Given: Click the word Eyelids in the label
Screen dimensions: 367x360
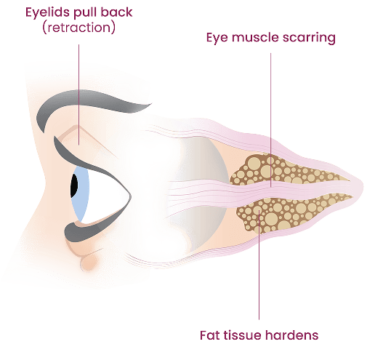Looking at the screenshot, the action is click(x=46, y=12).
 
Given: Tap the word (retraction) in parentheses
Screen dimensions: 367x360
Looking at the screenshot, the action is click(x=78, y=28).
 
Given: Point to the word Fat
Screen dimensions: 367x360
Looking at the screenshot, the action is click(x=210, y=335).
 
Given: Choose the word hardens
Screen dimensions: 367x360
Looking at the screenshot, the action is click(x=291, y=335).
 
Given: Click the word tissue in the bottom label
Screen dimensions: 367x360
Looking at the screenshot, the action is click(x=243, y=335).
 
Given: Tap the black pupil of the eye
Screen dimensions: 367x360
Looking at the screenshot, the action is click(x=74, y=185).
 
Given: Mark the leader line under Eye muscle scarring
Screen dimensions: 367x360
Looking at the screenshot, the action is click(x=270, y=120).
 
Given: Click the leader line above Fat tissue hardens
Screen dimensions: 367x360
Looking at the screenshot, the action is click(x=259, y=265).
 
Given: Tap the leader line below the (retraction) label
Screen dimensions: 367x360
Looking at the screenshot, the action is click(x=78, y=95).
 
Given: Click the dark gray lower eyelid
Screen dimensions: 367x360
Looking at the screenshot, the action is click(x=92, y=228).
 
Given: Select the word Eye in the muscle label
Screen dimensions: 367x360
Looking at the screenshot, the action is click(x=217, y=38).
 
